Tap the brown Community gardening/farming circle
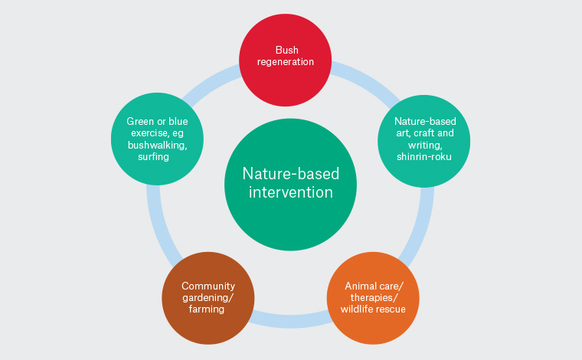[208, 297]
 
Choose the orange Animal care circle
[373, 297]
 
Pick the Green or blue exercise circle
[158, 138]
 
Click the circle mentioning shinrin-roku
[423, 138]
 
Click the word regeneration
[286, 61]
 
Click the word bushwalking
[159, 144]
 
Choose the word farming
[208, 309]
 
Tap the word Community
[208, 286]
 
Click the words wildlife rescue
[373, 309]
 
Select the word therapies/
[373, 297]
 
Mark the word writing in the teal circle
[423, 144]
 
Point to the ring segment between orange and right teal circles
[420, 230]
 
